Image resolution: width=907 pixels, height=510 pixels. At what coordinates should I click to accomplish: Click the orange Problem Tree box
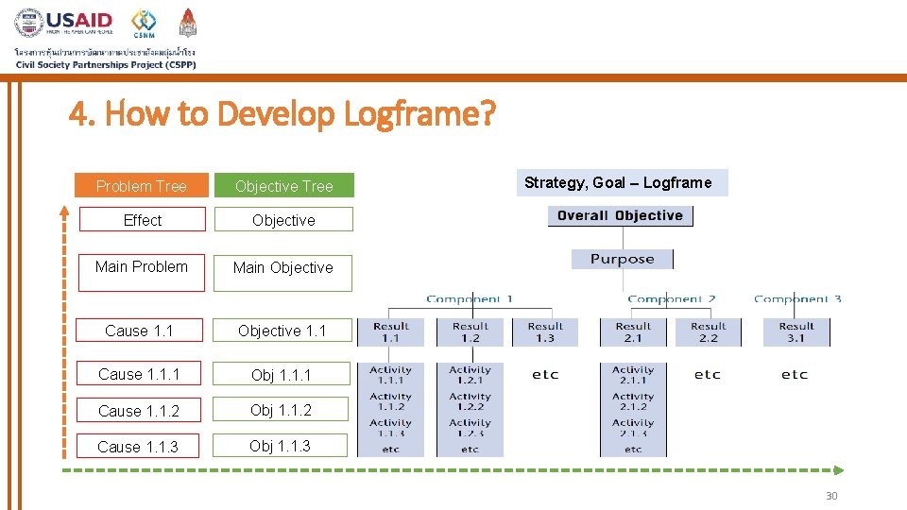(x=141, y=186)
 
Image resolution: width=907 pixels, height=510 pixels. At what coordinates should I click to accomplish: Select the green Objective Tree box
(x=283, y=186)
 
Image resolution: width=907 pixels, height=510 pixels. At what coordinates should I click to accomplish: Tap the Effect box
(x=142, y=220)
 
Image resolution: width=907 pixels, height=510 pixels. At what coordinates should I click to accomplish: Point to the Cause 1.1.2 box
(x=139, y=411)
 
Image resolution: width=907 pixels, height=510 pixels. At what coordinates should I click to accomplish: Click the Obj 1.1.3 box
(x=281, y=446)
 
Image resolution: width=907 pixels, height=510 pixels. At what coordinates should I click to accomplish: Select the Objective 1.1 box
(x=282, y=331)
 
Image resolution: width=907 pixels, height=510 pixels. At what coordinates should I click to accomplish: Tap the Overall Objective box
(x=620, y=215)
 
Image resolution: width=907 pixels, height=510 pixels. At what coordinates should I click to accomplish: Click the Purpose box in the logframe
(x=622, y=259)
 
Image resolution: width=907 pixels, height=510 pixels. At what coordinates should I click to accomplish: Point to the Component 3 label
(x=797, y=299)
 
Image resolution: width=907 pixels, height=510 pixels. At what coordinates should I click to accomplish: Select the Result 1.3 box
(x=545, y=331)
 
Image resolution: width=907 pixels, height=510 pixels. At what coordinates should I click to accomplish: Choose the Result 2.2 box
(x=708, y=331)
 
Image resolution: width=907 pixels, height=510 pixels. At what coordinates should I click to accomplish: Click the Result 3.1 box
(x=796, y=331)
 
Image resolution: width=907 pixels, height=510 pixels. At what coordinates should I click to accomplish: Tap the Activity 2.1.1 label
(x=632, y=375)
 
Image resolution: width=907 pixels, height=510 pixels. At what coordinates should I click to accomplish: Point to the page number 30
(x=830, y=496)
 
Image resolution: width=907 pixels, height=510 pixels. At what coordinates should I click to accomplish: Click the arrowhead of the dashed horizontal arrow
(x=839, y=469)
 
